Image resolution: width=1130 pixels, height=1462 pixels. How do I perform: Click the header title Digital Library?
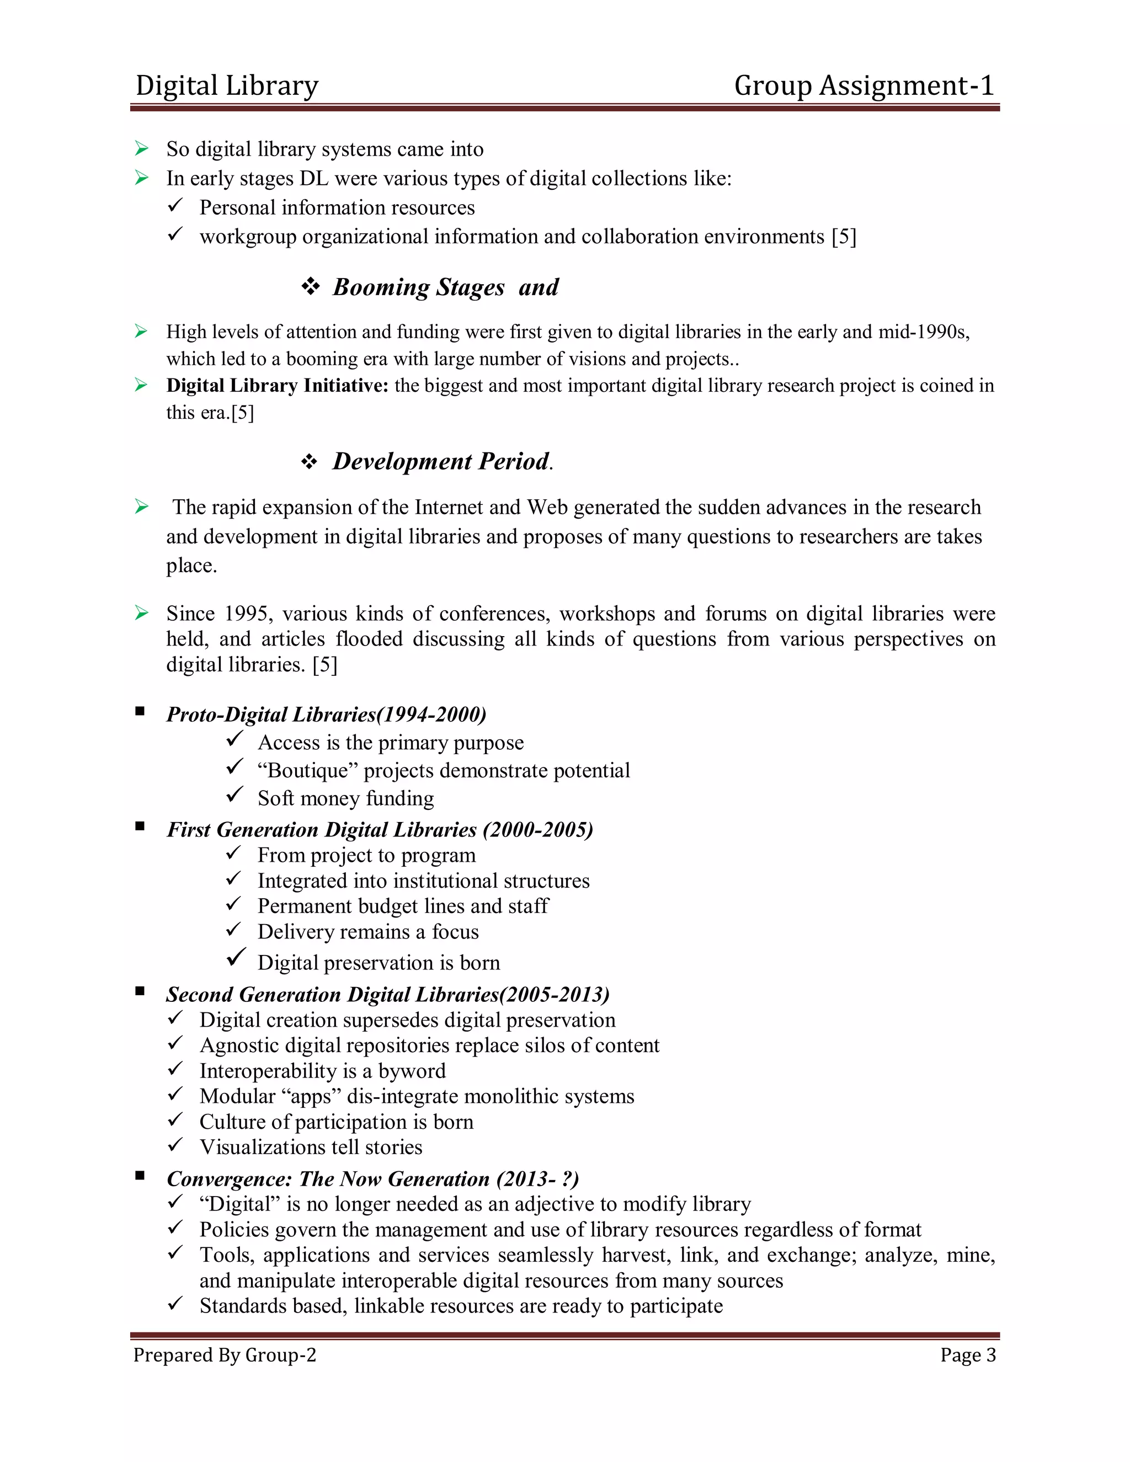226,86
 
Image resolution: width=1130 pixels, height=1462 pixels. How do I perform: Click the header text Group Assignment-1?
864,86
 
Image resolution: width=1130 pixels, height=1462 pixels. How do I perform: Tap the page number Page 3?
967,1355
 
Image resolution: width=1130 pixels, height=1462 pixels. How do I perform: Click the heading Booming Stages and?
445,287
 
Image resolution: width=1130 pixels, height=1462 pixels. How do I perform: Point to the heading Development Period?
442,461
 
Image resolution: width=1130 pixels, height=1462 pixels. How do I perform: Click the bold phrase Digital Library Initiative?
277,386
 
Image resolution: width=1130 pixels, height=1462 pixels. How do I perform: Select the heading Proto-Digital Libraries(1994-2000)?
326,714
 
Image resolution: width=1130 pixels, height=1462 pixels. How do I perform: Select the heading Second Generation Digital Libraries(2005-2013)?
387,994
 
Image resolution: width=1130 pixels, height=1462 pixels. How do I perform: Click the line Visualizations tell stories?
311,1148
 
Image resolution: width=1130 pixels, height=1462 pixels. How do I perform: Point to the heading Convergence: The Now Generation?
372,1179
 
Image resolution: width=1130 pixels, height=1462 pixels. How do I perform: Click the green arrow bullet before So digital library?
141,148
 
